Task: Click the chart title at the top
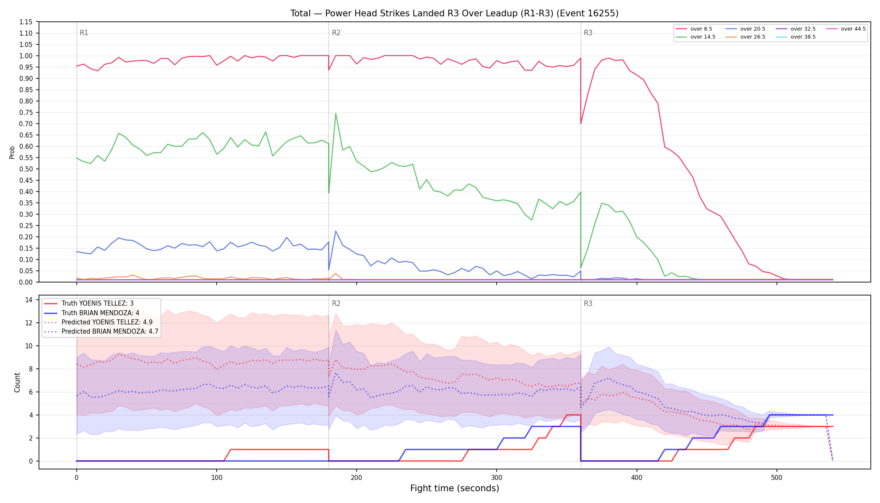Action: [x=454, y=13]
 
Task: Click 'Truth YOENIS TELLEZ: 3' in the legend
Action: [x=98, y=303]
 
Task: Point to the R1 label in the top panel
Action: [x=84, y=33]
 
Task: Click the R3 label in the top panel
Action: [x=588, y=33]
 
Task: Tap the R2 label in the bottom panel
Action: [x=336, y=303]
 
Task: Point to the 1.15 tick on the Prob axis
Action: [x=26, y=22]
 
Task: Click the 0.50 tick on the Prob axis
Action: [x=26, y=169]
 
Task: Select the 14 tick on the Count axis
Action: [x=29, y=300]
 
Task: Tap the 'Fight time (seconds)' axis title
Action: [x=455, y=488]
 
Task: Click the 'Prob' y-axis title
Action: [x=12, y=152]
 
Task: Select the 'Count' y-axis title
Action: [x=17, y=382]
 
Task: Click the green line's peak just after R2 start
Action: [x=336, y=113]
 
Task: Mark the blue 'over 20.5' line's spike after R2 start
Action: [x=336, y=231]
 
